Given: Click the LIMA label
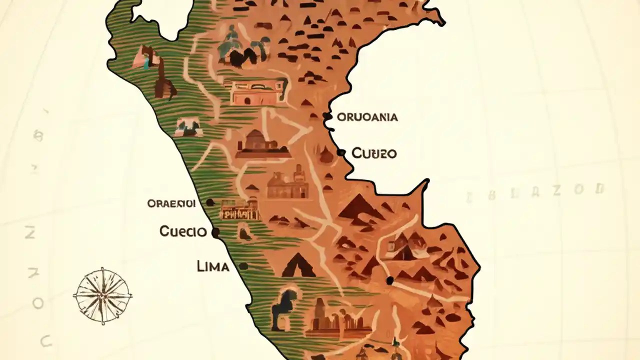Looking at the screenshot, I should [x=213, y=266].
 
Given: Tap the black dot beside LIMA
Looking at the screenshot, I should [x=243, y=266].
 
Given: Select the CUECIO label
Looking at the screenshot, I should [x=183, y=231].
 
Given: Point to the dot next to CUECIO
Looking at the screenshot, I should [x=215, y=232].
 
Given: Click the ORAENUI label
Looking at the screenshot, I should [x=171, y=203].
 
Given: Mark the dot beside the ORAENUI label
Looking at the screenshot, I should [x=210, y=202].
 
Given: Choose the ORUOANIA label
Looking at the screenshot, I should [x=367, y=117].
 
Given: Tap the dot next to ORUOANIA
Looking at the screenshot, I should [x=327, y=116].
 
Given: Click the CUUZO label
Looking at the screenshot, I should [x=374, y=153].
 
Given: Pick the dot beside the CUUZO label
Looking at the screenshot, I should [x=341, y=152].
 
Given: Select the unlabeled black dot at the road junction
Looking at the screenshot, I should [x=390, y=280].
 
